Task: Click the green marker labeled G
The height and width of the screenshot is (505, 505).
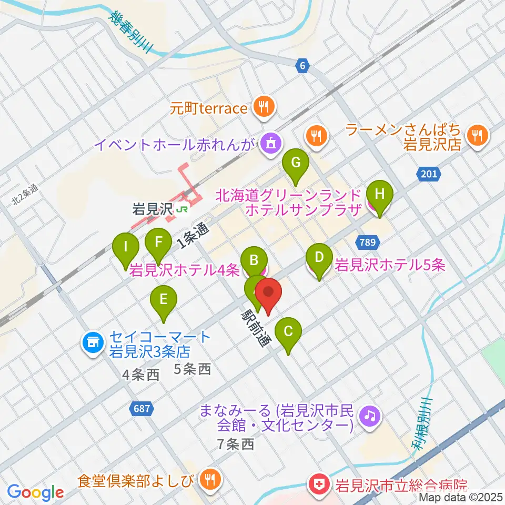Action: click(x=296, y=163)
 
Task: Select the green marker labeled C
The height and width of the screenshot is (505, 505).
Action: click(x=288, y=332)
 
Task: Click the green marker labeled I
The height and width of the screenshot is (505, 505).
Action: click(x=126, y=246)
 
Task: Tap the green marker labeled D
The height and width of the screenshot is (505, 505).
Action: click(x=319, y=258)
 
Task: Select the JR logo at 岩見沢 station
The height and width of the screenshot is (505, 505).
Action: click(x=183, y=209)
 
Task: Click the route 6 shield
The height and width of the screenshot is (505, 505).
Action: click(x=301, y=66)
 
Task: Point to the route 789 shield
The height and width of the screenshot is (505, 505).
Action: click(x=368, y=242)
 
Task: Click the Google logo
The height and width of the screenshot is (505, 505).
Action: click(x=36, y=492)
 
